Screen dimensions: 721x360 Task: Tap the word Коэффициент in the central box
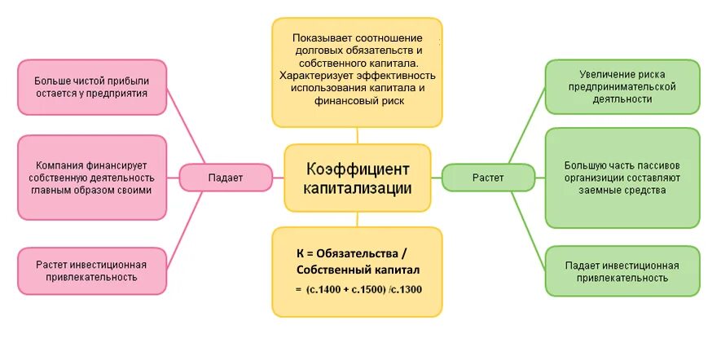[x=358, y=169]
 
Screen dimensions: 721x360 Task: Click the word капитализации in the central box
[x=358, y=188]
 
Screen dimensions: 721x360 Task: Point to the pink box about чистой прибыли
[x=90, y=87]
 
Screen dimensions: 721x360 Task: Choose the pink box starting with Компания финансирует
[x=90, y=178]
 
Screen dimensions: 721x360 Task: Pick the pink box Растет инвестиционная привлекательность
[x=90, y=270]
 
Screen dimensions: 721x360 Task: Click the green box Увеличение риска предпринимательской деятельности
[x=622, y=86]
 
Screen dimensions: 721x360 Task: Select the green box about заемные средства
[x=622, y=178]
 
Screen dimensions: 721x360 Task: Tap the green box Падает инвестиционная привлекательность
[x=622, y=271]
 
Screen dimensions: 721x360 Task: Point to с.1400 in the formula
[x=326, y=290]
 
